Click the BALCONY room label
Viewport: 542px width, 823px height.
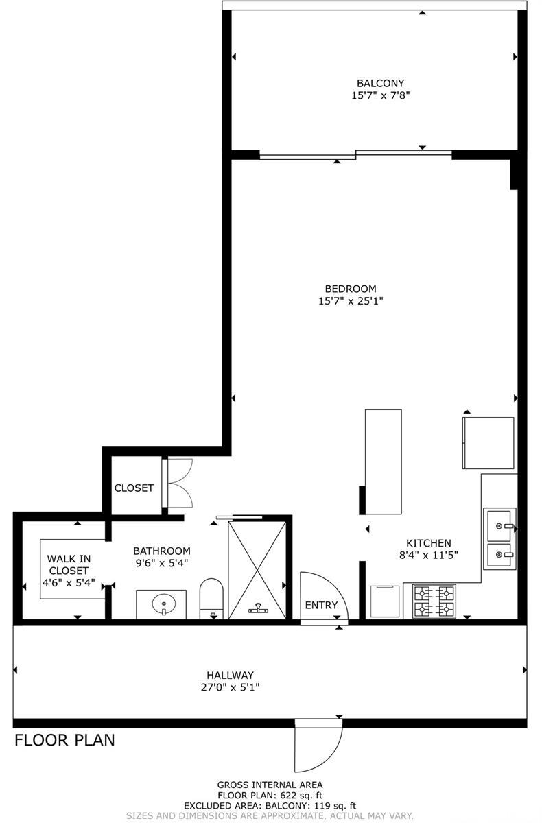click(380, 83)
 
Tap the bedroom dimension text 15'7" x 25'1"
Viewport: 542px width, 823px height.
click(351, 301)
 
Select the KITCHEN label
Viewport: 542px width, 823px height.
click(429, 542)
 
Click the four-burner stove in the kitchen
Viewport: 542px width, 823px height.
click(434, 601)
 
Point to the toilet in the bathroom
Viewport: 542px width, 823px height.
click(211, 599)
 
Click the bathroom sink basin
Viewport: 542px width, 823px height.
click(164, 604)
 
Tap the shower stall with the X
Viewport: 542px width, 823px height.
click(257, 571)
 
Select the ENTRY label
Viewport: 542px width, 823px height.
click(321, 605)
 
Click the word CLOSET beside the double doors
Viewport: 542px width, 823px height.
click(134, 488)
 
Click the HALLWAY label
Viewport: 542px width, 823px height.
click(230, 675)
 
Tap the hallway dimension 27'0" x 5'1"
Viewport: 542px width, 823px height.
click(230, 687)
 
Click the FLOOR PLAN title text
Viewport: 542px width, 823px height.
click(64, 740)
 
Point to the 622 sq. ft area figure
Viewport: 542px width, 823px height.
click(301, 796)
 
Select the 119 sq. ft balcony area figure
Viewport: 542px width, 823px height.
click(335, 806)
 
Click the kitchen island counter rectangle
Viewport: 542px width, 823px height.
click(384, 462)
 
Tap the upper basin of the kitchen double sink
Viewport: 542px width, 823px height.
click(499, 526)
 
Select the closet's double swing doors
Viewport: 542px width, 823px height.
click(180, 483)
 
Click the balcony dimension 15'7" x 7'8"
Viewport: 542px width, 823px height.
click(380, 95)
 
